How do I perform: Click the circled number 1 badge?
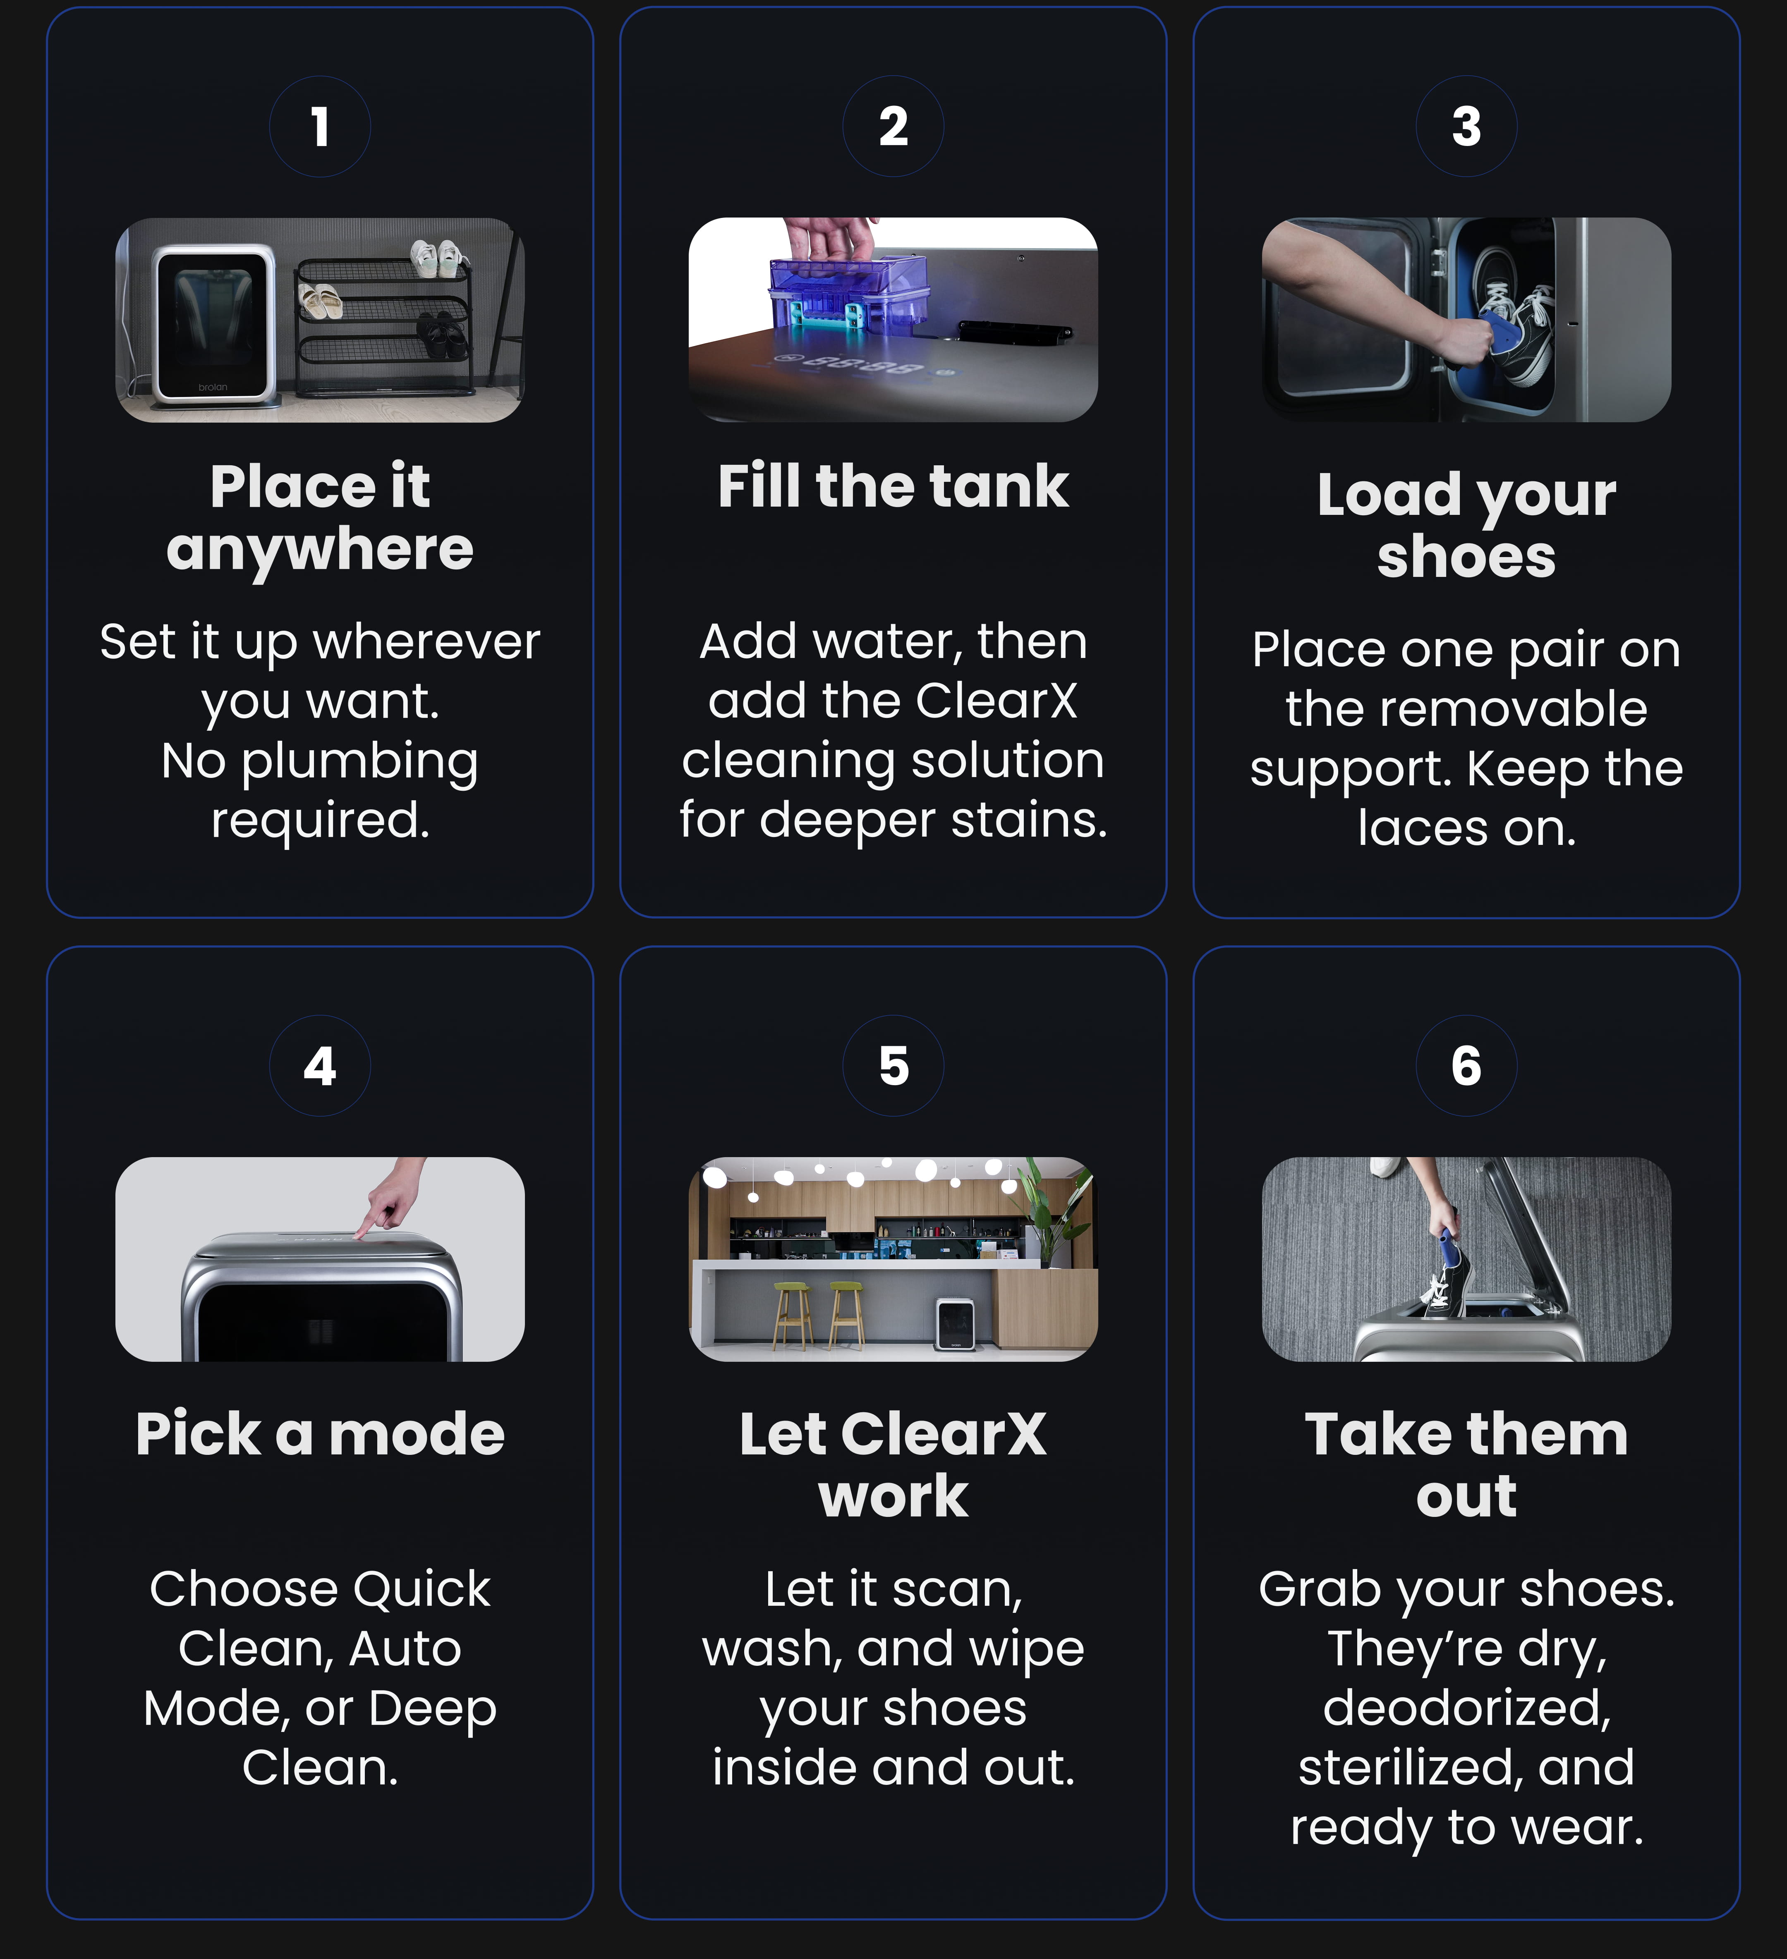click(320, 126)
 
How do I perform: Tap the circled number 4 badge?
click(320, 1066)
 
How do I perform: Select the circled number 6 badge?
click(1466, 1066)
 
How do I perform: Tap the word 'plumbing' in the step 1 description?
click(359, 763)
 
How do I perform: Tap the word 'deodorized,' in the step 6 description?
click(1466, 1708)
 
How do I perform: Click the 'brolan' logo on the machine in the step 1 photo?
click(213, 387)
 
